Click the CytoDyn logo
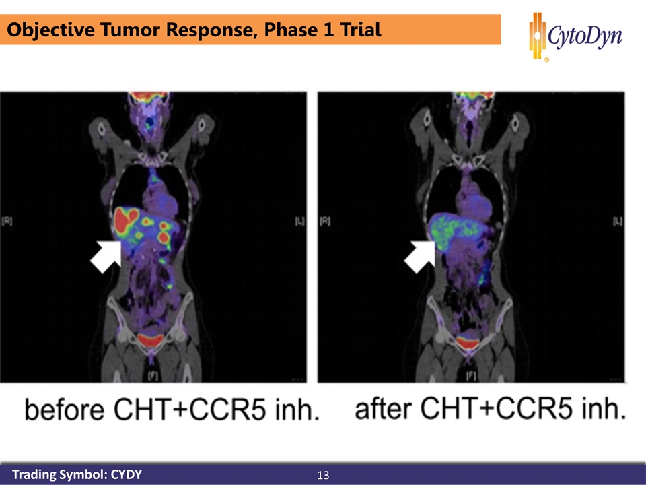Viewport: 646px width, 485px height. tap(576, 36)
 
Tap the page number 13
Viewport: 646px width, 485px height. tap(323, 475)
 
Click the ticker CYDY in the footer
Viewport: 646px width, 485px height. tap(127, 474)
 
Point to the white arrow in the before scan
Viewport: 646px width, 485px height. tap(106, 257)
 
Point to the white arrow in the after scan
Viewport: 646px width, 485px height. tap(419, 257)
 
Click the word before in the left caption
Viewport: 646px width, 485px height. tap(65, 410)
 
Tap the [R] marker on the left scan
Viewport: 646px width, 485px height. tap(7, 221)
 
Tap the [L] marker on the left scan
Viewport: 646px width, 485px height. tap(299, 221)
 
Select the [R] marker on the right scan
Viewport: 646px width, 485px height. tap(324, 221)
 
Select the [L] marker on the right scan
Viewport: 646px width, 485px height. tap(618, 221)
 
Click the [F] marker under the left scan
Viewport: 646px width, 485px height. tap(153, 375)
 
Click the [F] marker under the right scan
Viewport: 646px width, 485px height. tap(471, 375)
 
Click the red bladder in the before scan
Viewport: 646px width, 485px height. tap(151, 340)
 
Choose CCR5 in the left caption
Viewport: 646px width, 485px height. tap(229, 410)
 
